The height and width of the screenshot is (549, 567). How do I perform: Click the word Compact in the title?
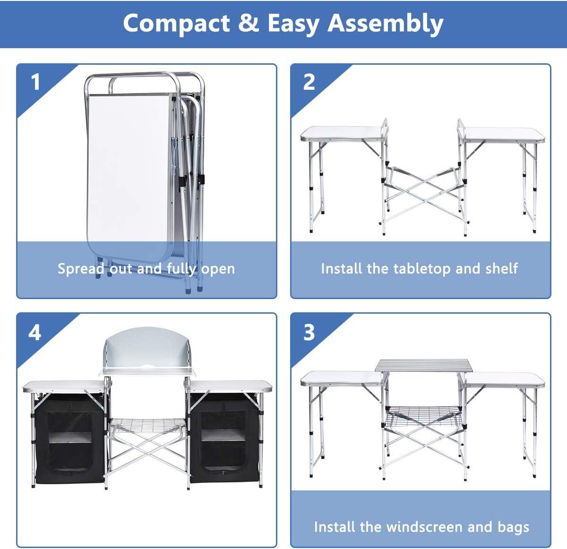point(177,23)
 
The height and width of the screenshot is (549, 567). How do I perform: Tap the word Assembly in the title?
point(386,23)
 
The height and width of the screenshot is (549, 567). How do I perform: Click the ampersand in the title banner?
point(249,23)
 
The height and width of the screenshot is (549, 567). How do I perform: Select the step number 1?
point(36,82)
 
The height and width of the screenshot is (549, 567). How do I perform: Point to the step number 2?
point(309,82)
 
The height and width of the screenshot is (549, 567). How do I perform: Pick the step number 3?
point(309,332)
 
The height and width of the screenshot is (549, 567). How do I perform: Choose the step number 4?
point(34,333)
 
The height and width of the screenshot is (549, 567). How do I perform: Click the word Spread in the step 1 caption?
point(81,269)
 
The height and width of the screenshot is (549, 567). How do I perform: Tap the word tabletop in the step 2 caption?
point(421,269)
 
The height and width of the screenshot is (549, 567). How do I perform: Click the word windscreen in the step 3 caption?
point(424,527)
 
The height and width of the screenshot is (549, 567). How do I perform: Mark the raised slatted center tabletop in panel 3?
point(424,365)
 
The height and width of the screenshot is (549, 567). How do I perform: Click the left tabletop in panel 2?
point(344,134)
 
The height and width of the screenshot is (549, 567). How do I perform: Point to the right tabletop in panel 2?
point(502,135)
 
